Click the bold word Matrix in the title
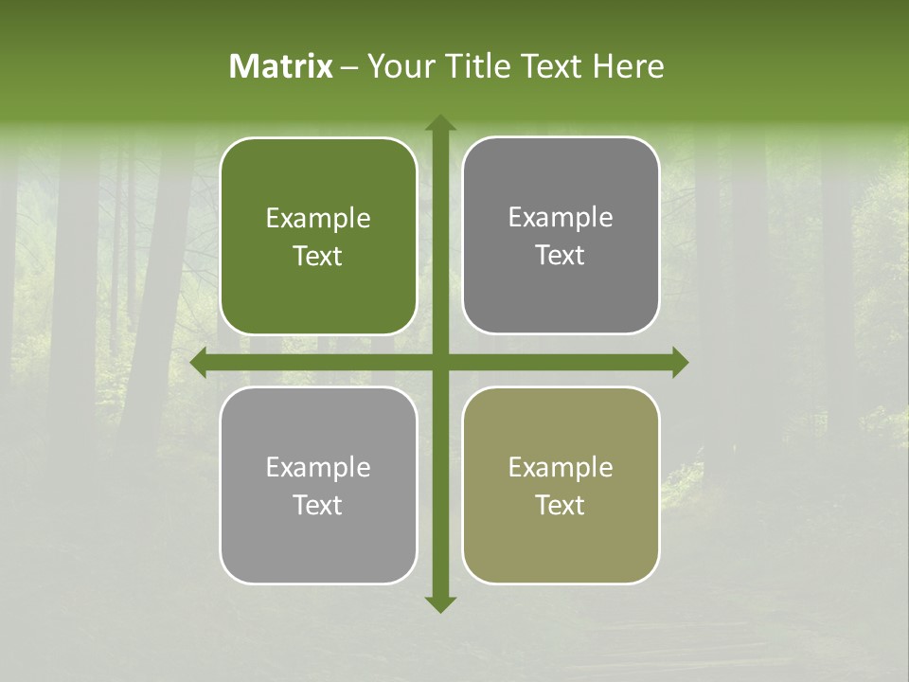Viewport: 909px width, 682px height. (x=281, y=66)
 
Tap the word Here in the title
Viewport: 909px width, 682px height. (x=628, y=66)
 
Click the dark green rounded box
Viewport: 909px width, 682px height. (x=318, y=237)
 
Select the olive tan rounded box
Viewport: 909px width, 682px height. (x=561, y=485)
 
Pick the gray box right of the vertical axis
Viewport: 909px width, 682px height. (x=561, y=236)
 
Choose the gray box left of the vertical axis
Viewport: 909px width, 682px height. (x=318, y=485)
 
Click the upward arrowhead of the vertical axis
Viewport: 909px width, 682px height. (x=439, y=123)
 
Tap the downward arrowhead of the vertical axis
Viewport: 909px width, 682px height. (x=439, y=603)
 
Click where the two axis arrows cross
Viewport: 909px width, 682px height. (x=439, y=363)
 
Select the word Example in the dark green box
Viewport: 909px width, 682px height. (x=318, y=219)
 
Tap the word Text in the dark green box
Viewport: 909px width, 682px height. (x=318, y=257)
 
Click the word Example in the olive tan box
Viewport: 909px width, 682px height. (x=561, y=467)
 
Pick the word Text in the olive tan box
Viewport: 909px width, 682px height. (x=561, y=505)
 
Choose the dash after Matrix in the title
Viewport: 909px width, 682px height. (x=349, y=67)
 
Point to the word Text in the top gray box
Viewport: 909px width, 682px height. (x=561, y=256)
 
